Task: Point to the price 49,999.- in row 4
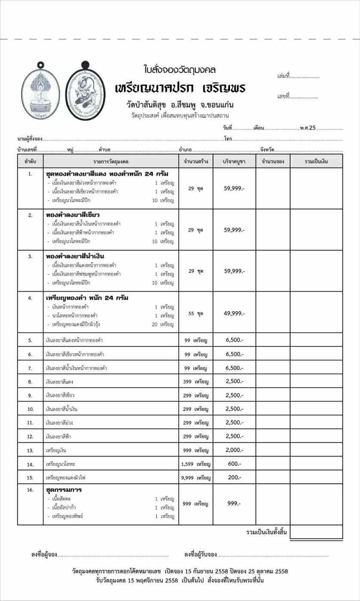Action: (234, 313)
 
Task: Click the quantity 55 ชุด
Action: (196, 314)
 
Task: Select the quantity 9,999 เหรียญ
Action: (196, 478)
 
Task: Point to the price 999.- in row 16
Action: (234, 503)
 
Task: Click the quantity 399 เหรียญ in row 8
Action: (196, 382)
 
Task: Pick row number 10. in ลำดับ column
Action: (30, 409)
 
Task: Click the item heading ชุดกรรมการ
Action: (64, 490)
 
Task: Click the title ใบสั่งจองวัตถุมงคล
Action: (180, 69)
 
